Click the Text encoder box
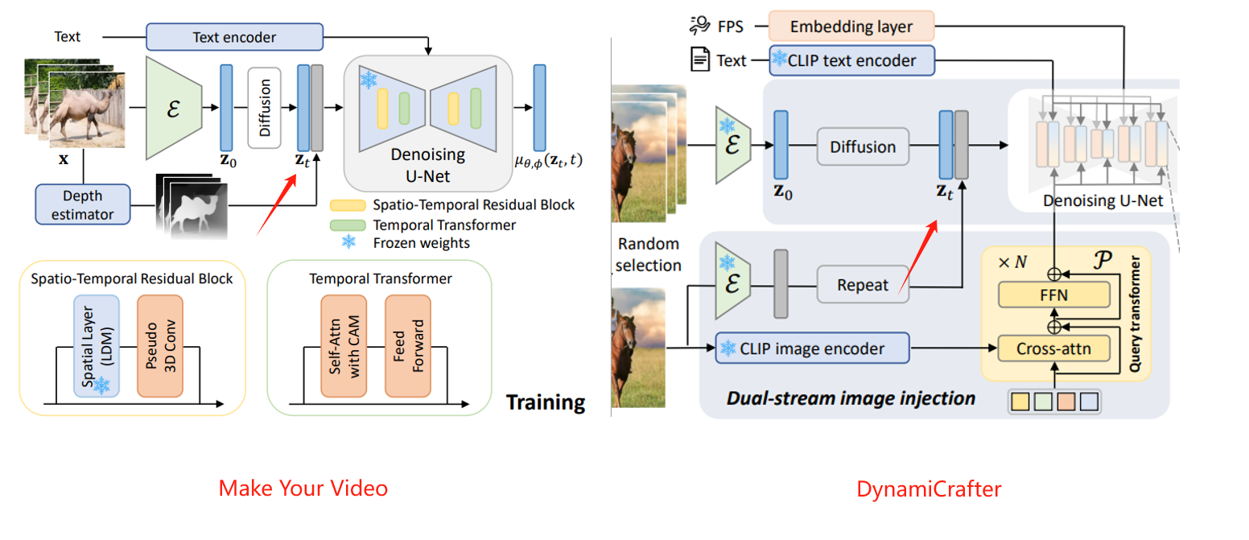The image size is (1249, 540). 234,37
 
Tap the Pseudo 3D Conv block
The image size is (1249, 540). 160,345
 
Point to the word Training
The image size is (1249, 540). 545,402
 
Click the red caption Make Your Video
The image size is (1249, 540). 303,488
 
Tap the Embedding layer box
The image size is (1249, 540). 851,27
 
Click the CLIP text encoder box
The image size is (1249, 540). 853,60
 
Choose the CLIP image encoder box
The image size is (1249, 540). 812,348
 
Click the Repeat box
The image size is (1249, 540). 863,285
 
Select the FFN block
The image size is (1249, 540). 1053,295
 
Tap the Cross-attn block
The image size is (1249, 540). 1053,348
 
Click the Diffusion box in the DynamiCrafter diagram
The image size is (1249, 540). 863,146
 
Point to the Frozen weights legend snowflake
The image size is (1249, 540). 348,241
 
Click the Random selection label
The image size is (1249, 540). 647,254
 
